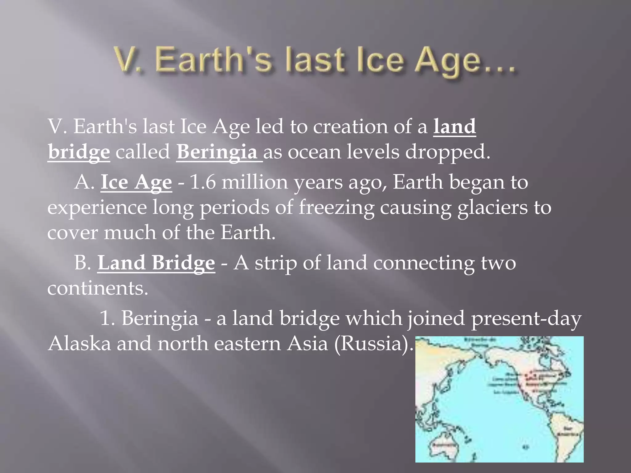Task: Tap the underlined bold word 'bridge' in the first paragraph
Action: tap(79, 152)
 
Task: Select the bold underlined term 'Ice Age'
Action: tap(136, 182)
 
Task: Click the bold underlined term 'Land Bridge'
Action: tap(156, 263)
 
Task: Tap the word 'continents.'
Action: tap(98, 288)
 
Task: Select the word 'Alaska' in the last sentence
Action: tap(79, 343)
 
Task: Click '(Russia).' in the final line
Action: tap(373, 343)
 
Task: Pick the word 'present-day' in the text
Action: tap(526, 318)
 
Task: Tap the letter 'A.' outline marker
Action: tap(84, 182)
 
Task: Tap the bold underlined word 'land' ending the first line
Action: tap(454, 127)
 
